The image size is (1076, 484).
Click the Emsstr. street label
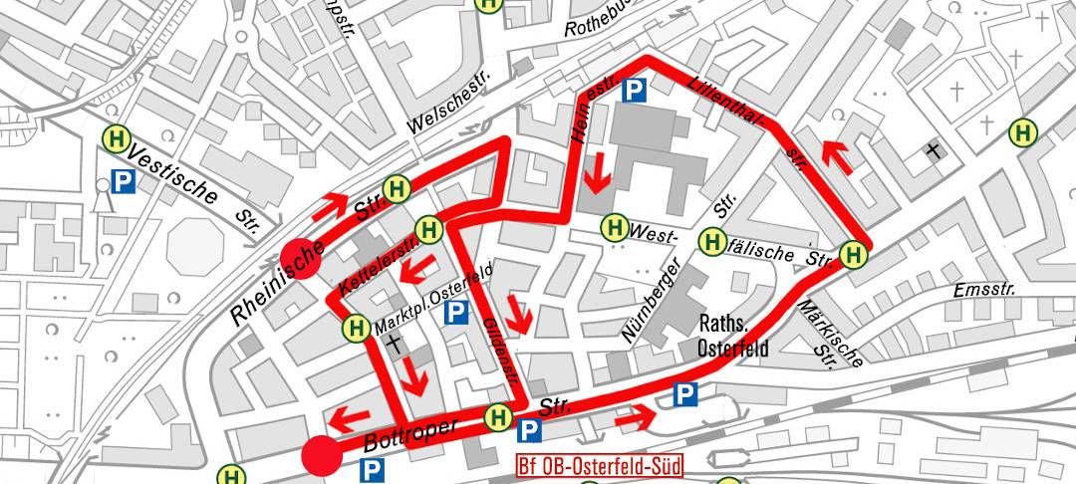pyautogui.click(x=983, y=290)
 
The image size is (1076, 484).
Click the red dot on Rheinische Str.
pyautogui.click(x=300, y=258)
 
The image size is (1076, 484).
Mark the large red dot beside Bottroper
pyautogui.click(x=322, y=455)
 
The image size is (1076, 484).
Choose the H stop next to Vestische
pyautogui.click(x=117, y=139)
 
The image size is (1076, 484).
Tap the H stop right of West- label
pyautogui.click(x=711, y=240)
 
